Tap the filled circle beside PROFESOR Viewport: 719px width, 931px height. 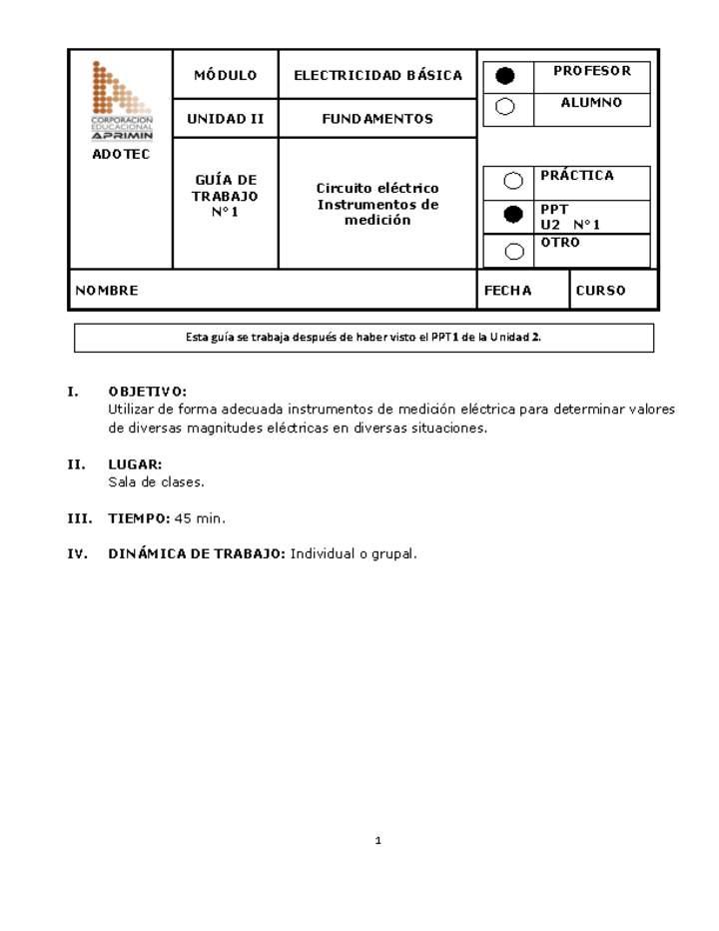coord(506,76)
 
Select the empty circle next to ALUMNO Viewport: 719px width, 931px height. coord(506,107)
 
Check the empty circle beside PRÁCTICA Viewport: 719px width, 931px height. coord(513,181)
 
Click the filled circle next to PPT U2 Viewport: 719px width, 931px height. coord(513,214)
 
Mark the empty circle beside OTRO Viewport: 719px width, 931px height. coord(513,251)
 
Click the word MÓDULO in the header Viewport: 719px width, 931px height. coord(225,75)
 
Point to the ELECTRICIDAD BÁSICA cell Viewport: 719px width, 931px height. coord(377,75)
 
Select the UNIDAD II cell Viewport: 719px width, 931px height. coord(225,119)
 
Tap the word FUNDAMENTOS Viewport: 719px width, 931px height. coord(377,119)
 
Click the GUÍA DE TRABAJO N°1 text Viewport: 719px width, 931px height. coord(225,196)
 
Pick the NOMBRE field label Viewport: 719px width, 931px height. coord(106,291)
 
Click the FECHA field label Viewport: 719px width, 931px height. coord(507,291)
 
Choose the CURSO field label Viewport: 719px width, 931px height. coord(600,291)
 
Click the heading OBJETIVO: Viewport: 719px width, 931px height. coord(147,392)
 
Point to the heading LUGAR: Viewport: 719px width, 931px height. coord(135,465)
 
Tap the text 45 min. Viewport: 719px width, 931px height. coord(200,518)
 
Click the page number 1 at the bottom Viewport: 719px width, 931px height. coord(378,841)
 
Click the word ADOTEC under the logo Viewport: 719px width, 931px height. coord(121,155)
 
